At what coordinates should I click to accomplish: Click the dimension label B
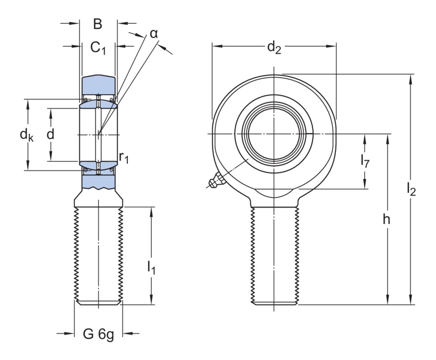coord(98,23)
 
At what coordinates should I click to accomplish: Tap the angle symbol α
coord(154,34)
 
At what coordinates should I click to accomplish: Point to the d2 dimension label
coord(273,47)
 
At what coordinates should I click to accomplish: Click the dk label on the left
coord(26,135)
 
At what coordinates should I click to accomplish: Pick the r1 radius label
coord(123,157)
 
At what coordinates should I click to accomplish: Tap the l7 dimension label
coord(365,160)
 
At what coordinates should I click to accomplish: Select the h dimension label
coord(386,219)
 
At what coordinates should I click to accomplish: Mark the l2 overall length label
coord(411,189)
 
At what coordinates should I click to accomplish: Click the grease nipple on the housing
coord(215,182)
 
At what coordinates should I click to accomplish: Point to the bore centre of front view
coord(274,134)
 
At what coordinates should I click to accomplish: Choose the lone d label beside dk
coord(50,134)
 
